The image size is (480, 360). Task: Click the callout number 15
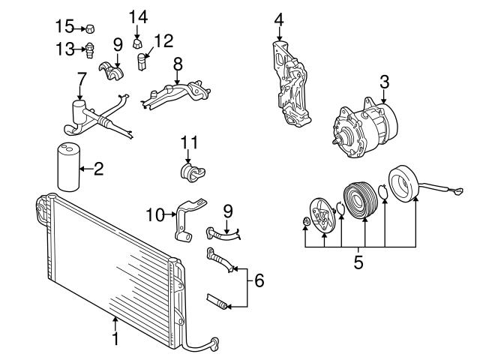tap(64, 26)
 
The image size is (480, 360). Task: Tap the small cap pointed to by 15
tap(90, 28)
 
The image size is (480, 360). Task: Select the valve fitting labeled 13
tap(89, 50)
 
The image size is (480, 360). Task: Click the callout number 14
tap(138, 16)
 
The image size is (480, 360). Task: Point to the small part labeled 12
tap(142, 61)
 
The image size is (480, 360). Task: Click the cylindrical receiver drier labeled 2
tap(69, 166)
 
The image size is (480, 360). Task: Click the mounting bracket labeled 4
tap(291, 84)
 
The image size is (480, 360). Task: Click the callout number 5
tap(358, 262)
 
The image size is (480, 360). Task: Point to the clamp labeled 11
tap(192, 173)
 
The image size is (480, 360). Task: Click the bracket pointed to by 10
tap(188, 219)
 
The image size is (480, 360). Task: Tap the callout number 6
tap(259, 280)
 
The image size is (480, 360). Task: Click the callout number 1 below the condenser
tap(115, 338)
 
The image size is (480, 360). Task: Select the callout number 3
tap(385, 82)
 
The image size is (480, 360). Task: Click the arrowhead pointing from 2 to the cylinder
tap(82, 168)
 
